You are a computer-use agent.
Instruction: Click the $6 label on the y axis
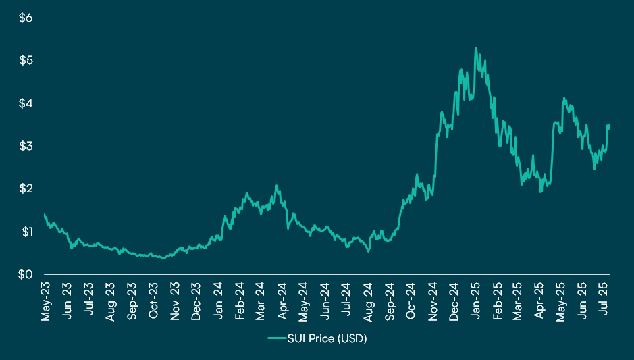(x=25, y=18)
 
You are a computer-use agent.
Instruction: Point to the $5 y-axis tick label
(x=25, y=61)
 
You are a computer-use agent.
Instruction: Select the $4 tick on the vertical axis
(x=25, y=103)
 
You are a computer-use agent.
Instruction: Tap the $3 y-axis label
(x=25, y=147)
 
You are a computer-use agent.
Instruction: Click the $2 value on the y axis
(x=25, y=189)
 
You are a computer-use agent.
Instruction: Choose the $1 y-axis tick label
(x=25, y=232)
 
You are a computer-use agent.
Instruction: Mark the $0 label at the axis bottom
(x=25, y=274)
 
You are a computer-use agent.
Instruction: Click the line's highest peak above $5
(x=475, y=48)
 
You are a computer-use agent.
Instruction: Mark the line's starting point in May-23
(x=45, y=215)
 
